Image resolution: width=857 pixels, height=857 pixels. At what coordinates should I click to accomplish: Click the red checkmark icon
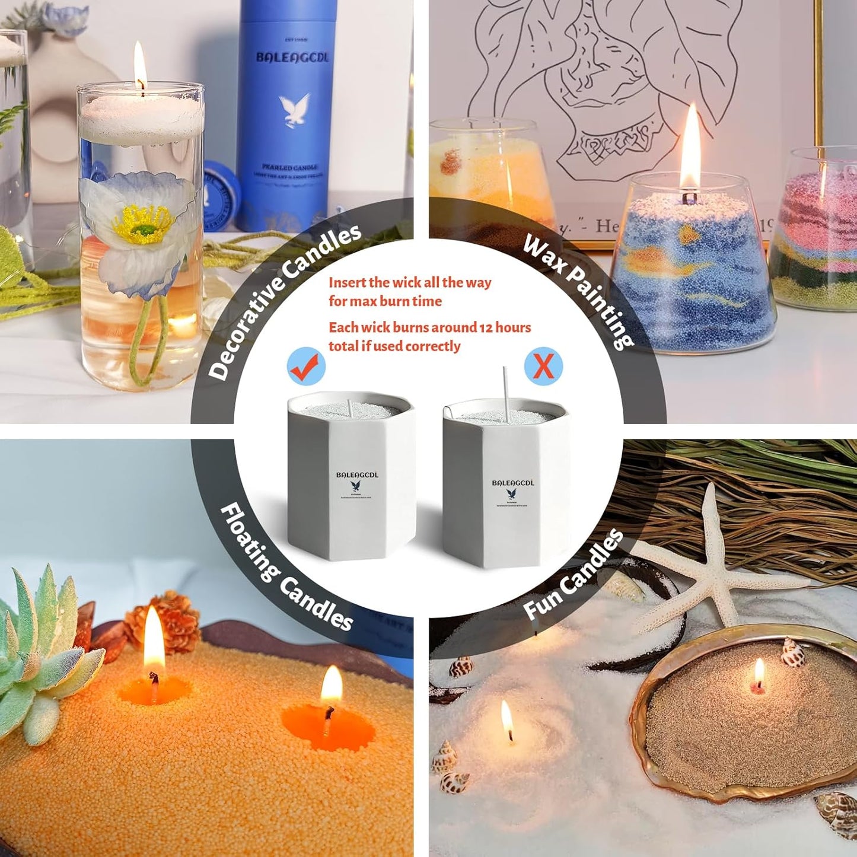point(306,367)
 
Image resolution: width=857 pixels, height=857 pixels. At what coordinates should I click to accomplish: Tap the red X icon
point(543,367)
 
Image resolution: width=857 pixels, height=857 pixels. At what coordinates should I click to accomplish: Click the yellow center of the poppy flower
point(143,222)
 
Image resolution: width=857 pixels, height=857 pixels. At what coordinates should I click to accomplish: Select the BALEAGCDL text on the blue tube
point(292,58)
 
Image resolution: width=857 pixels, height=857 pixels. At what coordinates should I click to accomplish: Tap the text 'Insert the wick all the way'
point(410,282)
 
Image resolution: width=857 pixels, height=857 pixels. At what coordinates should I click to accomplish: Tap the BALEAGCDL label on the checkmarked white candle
point(357,475)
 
